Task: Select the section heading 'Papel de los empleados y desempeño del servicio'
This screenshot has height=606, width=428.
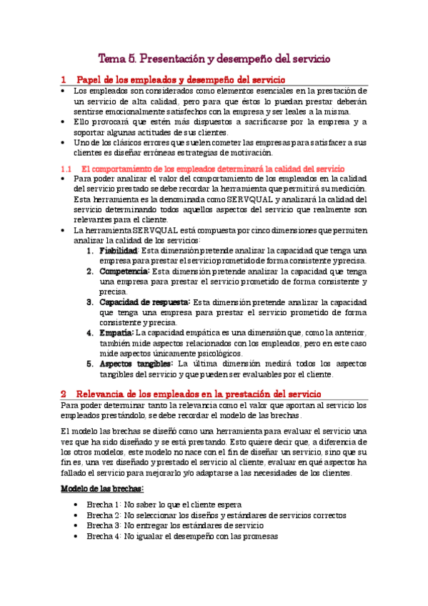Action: [x=180, y=80]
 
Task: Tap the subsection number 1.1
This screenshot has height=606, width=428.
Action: [x=66, y=167]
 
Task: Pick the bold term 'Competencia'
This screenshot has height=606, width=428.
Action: [x=124, y=272]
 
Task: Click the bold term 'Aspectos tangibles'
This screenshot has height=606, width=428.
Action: [x=136, y=363]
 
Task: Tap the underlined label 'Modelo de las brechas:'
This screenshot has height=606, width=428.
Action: [x=102, y=488]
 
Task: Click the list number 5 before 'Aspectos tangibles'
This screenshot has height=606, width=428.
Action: [x=90, y=363]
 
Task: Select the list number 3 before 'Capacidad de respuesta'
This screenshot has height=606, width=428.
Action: [x=90, y=302]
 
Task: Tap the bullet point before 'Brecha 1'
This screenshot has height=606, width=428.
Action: [x=76, y=504]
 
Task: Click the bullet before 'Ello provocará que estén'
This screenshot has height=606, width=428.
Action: [x=64, y=122]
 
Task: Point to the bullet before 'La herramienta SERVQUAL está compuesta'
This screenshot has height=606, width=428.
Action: [x=64, y=230]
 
